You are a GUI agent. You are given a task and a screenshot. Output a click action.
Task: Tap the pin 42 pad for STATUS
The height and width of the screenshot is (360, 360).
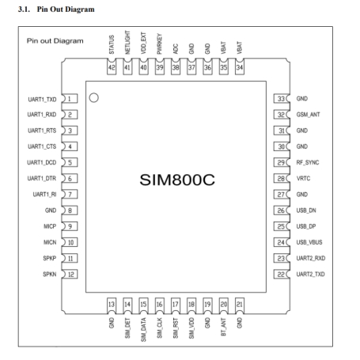click(x=112, y=67)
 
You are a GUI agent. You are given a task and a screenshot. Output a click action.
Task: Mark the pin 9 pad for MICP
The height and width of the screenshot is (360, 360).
click(x=70, y=226)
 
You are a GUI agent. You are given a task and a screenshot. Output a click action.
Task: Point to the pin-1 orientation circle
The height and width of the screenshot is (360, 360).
click(x=94, y=98)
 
